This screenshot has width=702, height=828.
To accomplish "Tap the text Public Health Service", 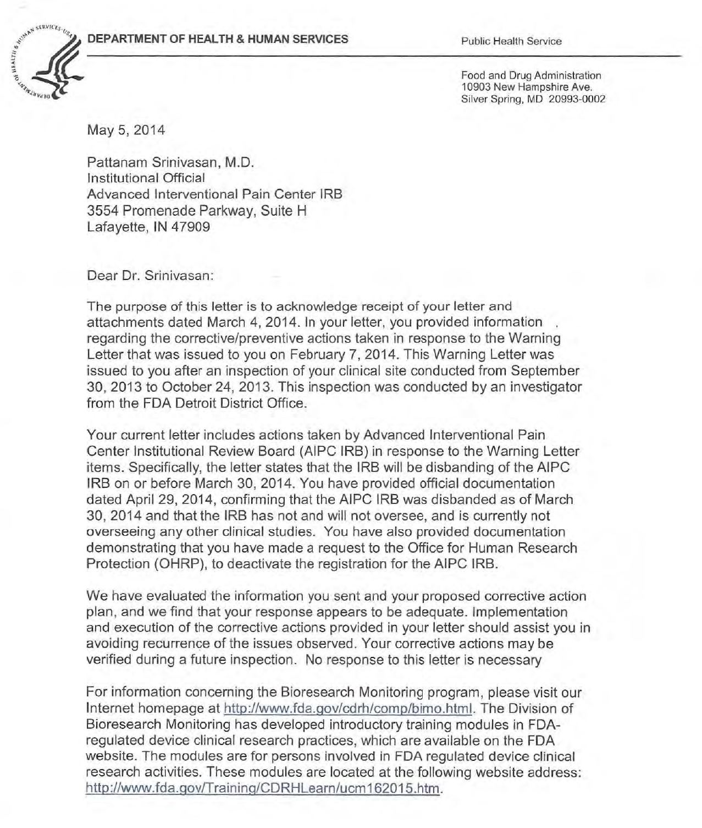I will (x=511, y=41).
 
